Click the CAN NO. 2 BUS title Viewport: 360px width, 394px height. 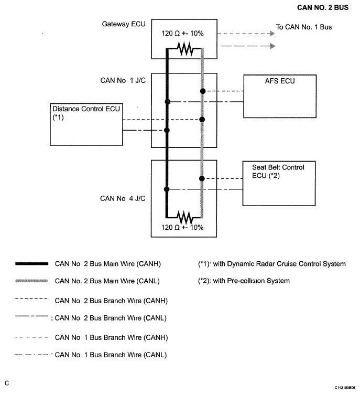(x=323, y=7)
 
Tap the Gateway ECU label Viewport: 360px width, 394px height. (x=124, y=24)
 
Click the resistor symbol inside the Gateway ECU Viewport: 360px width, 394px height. (x=186, y=48)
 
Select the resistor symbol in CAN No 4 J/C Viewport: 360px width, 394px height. (x=185, y=217)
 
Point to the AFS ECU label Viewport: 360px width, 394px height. (x=280, y=81)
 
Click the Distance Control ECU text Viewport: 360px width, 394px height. (x=86, y=109)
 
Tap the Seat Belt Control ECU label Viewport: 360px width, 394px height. (x=278, y=172)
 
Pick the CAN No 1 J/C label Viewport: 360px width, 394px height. (x=123, y=80)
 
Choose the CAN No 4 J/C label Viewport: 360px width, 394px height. (x=123, y=198)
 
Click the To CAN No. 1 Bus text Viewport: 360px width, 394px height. (x=304, y=27)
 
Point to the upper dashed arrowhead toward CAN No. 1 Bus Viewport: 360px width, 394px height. (x=272, y=34)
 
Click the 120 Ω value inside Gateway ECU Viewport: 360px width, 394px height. (x=170, y=34)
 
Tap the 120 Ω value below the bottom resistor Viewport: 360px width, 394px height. (x=170, y=227)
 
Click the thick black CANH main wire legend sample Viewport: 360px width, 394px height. (x=32, y=263)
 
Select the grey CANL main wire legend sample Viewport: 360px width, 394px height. (x=32, y=281)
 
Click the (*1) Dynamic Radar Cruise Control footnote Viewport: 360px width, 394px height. (x=272, y=264)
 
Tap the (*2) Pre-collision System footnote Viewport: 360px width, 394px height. (x=244, y=281)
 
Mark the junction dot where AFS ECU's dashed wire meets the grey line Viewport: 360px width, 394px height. (x=203, y=91)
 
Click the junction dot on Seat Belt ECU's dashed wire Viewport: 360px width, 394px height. (x=202, y=179)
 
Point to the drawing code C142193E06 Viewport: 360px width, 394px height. (x=345, y=388)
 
